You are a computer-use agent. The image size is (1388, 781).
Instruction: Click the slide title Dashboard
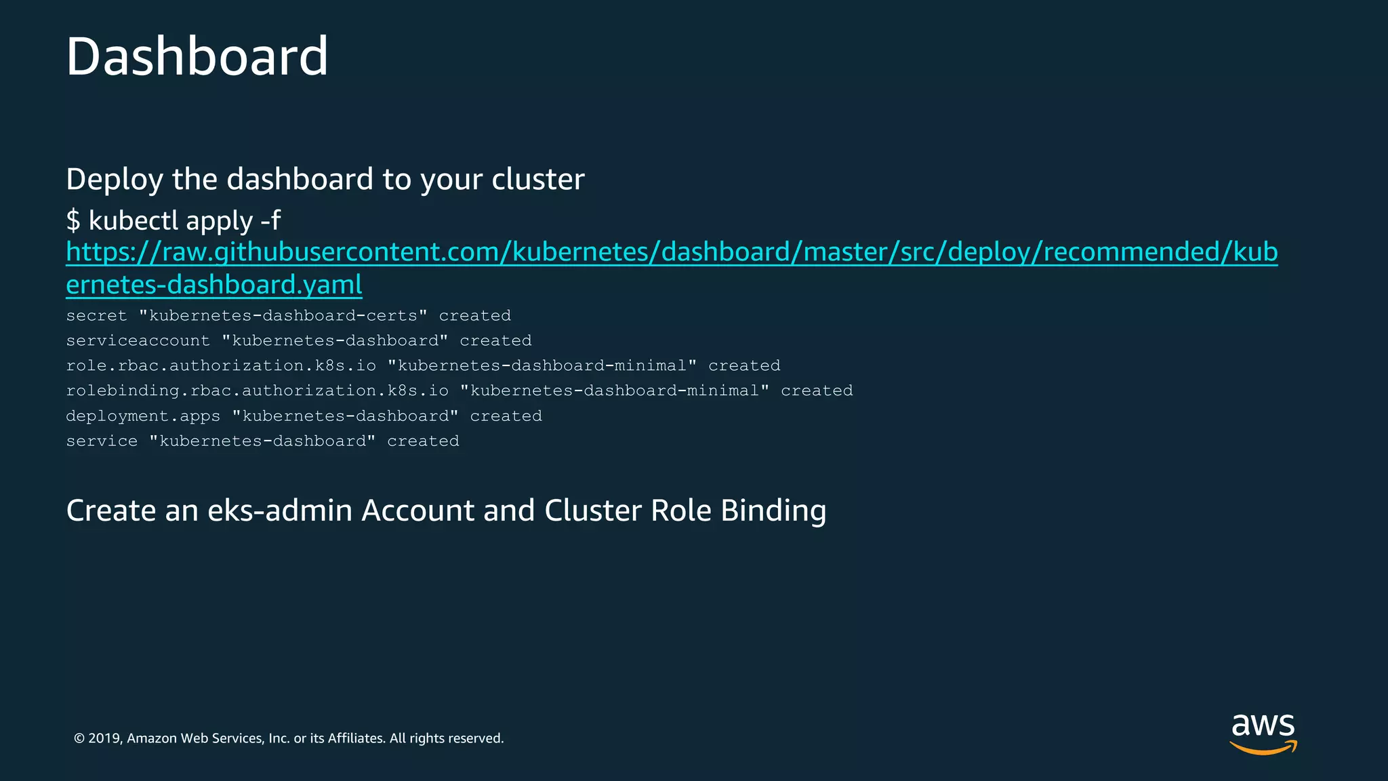197,56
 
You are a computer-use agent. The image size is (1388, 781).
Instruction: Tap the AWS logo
1263,734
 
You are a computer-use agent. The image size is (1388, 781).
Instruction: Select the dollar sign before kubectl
73,221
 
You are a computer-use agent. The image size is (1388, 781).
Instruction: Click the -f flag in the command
270,220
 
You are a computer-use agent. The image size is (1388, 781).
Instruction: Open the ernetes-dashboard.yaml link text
214,285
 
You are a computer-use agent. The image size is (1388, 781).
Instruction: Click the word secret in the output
96,316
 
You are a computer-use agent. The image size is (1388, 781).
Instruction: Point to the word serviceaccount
138,341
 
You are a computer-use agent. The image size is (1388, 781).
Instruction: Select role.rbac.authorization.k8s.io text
221,366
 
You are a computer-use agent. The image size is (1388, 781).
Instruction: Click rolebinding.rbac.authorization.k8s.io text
257,391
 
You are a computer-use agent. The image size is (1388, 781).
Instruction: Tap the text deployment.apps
143,416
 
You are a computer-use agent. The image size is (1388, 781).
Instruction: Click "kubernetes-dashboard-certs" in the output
283,316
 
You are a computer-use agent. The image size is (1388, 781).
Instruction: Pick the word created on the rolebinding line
817,391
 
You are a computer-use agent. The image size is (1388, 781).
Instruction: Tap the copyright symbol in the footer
79,738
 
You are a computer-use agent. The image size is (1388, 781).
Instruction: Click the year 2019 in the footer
104,738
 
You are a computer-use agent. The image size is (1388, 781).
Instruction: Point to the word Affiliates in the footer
356,738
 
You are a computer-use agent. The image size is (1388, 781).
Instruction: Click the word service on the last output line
102,441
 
